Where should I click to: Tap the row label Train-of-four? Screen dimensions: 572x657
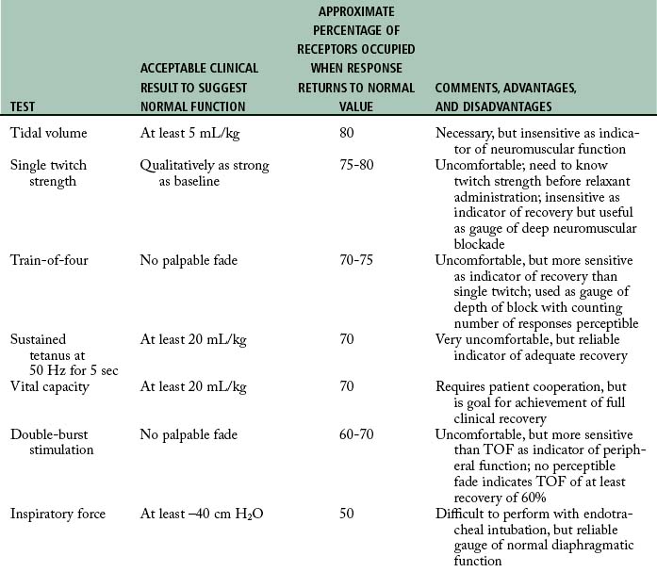[x=49, y=260]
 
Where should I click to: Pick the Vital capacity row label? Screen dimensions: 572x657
[x=50, y=386]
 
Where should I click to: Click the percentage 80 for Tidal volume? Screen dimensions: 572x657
[x=347, y=133]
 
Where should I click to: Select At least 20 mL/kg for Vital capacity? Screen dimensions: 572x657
[x=193, y=386]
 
